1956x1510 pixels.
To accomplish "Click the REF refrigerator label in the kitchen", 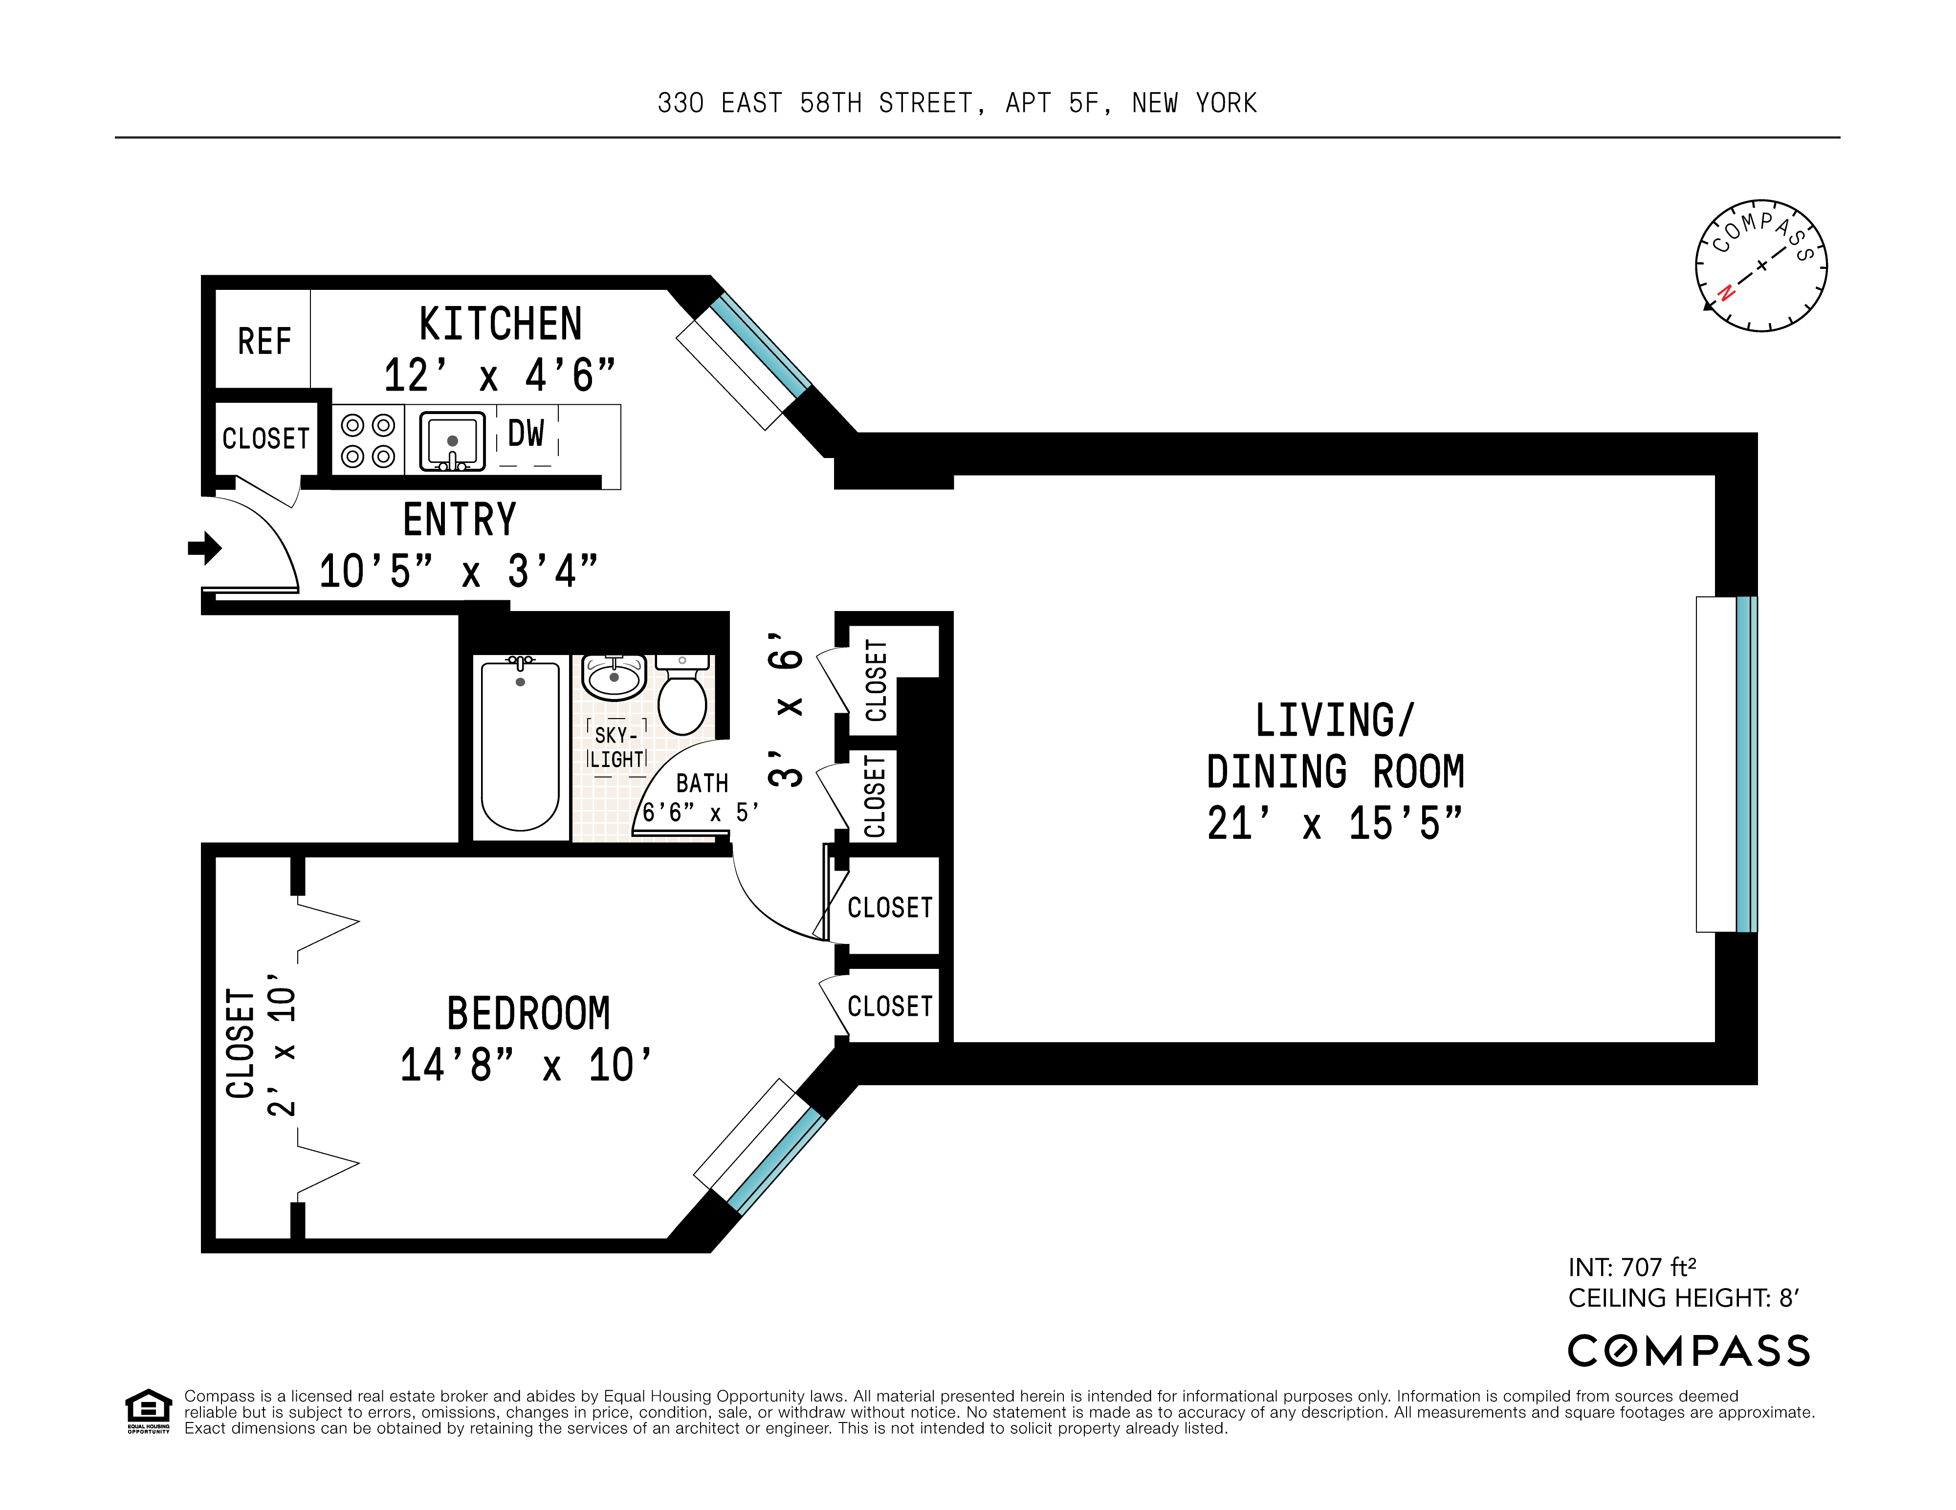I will click(264, 341).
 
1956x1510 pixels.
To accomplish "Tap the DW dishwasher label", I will click(526, 434).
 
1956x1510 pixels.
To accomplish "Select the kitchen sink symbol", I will click(452, 440).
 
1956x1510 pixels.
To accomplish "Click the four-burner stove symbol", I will click(368, 440).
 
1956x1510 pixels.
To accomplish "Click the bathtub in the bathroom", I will click(520, 745).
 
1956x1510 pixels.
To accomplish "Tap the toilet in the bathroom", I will click(682, 699).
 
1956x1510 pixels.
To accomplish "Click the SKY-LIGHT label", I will click(616, 747).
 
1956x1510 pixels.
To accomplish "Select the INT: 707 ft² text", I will click(1632, 1267).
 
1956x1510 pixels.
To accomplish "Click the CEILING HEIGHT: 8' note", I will click(1684, 1298).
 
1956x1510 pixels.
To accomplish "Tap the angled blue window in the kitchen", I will click(760, 345).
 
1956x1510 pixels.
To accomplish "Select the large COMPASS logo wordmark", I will click(1688, 1351).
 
